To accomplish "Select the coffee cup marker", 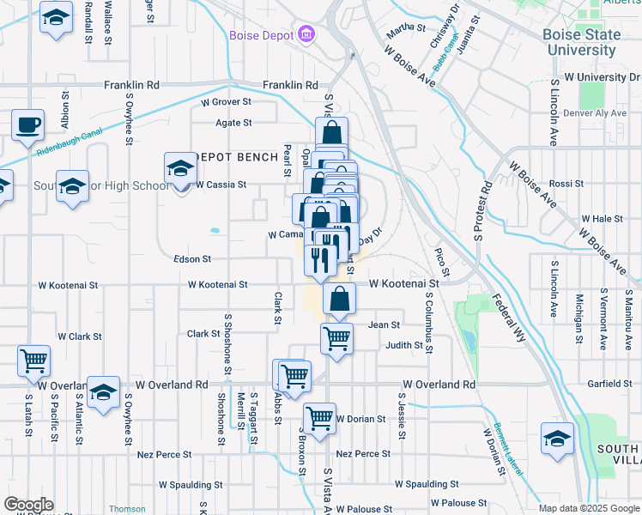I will tap(27, 125).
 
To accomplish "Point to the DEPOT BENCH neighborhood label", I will tap(238, 157).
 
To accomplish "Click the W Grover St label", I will tap(226, 101).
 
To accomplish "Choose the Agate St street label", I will tap(233, 123).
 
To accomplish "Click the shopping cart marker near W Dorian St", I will tap(319, 420).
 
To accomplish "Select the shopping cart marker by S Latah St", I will tap(33, 360).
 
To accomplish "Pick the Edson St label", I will tap(192, 258).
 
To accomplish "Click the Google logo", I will tap(28, 505).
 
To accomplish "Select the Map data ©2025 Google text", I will tap(589, 508).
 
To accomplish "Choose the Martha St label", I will tap(406, 28).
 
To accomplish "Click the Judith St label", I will tap(404, 346).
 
